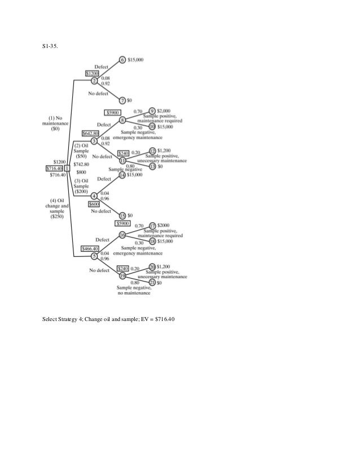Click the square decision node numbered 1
coord(67,168)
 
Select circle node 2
coord(95,80)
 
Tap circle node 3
coord(94,140)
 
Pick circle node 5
coord(94,256)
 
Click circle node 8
coord(122,119)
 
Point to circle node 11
coord(122,160)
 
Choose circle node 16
coord(122,234)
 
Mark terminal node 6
coord(122,59)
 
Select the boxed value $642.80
coord(90,133)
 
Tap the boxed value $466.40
coord(90,248)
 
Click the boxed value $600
coord(94,204)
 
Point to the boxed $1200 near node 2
coord(92,73)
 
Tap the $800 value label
coord(81,172)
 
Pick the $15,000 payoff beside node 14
coord(136,175)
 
